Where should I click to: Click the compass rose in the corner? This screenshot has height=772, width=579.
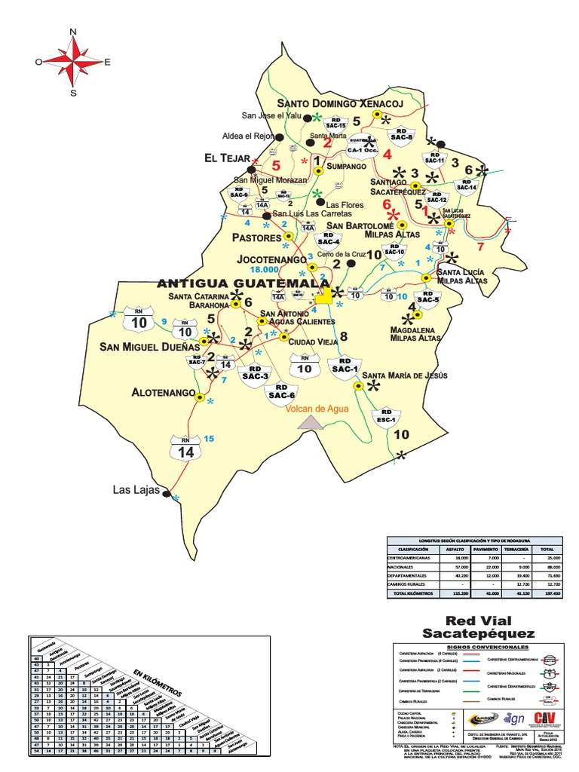pyautogui.click(x=73, y=62)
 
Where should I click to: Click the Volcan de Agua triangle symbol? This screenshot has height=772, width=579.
pyautogui.click(x=311, y=424)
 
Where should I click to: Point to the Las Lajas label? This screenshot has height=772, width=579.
pyautogui.click(x=136, y=490)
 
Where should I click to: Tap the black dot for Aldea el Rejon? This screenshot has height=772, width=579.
pyautogui.click(x=279, y=137)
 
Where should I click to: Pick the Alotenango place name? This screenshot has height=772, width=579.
pyautogui.click(x=162, y=393)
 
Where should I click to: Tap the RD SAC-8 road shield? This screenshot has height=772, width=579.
pyautogui.click(x=401, y=133)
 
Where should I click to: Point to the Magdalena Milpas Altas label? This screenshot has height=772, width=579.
pyautogui.click(x=415, y=334)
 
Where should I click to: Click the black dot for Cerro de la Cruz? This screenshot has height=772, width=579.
pyautogui.click(x=351, y=264)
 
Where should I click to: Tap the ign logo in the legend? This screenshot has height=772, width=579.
pyautogui.click(x=516, y=719)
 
